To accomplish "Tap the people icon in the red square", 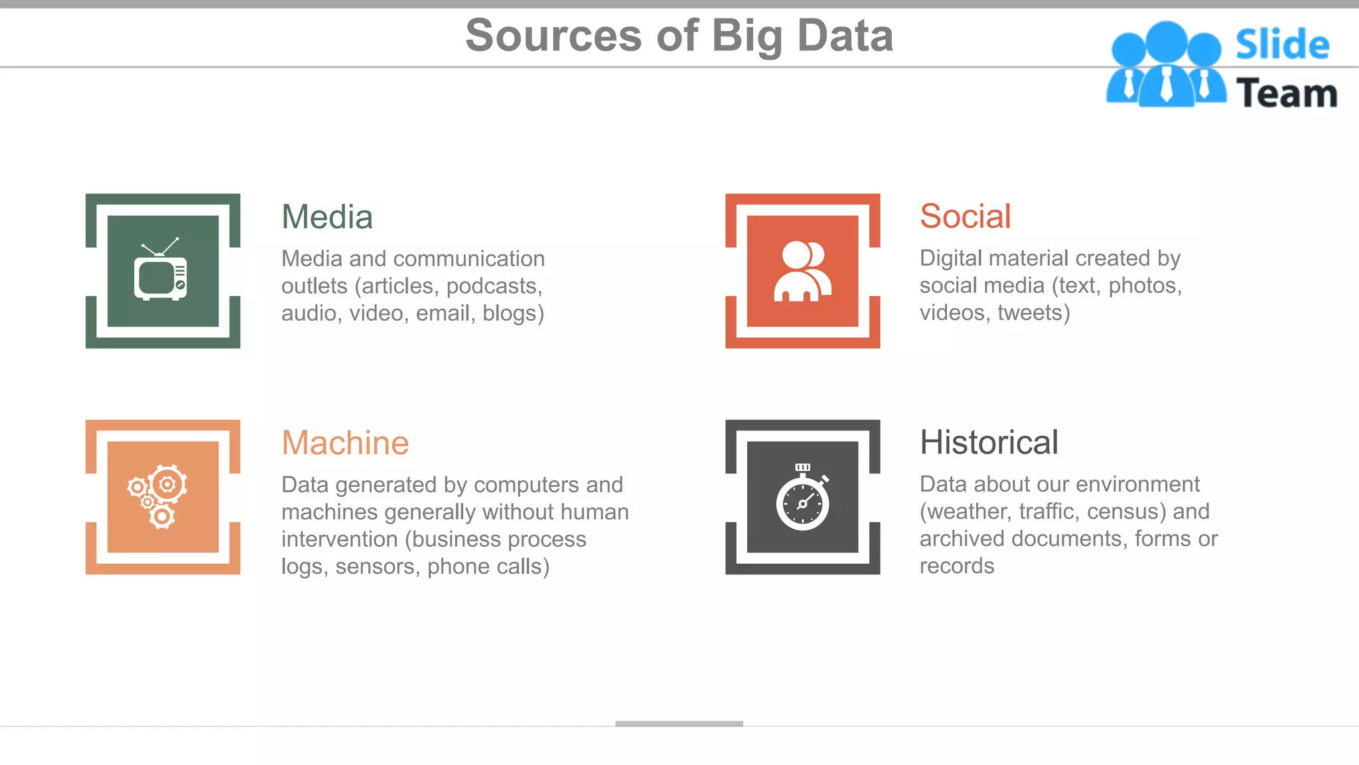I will click(x=802, y=272).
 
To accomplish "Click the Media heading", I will click(x=327, y=217).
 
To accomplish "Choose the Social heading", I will click(x=965, y=216).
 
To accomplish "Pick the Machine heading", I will click(x=345, y=443).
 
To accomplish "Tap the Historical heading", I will click(x=989, y=442).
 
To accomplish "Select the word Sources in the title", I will click(x=553, y=36).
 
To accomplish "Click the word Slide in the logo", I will click(x=1282, y=45).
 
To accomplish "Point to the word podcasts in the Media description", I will click(x=494, y=286).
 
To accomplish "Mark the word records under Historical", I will click(x=957, y=566).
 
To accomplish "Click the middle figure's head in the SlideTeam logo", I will click(x=1166, y=41).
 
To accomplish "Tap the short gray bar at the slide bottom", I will click(x=679, y=723).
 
